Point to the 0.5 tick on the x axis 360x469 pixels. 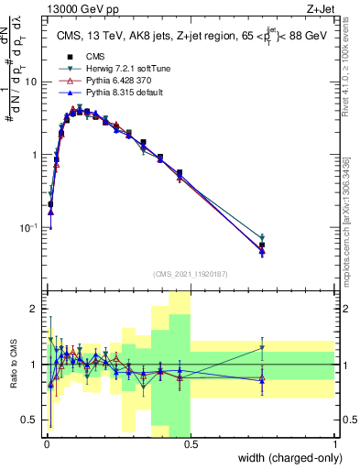tap(190, 442)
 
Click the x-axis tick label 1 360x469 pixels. tap(334, 442)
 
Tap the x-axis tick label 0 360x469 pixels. tap(46, 442)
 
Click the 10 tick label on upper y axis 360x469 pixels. tap(31, 82)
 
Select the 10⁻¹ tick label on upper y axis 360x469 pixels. tap(27, 227)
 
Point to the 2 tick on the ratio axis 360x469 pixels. tap(36, 309)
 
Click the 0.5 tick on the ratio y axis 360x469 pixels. tap(31, 420)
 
